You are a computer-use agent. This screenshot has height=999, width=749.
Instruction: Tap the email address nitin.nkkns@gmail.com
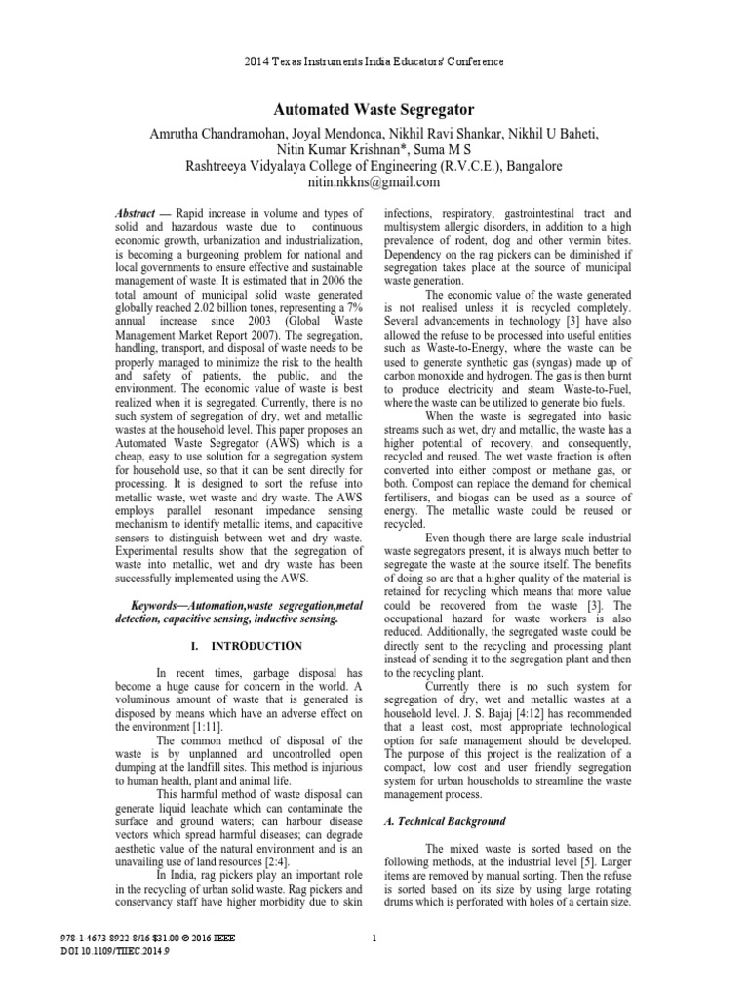pyautogui.click(x=374, y=182)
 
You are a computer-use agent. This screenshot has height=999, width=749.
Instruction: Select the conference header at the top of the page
pyautogui.click(x=374, y=61)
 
